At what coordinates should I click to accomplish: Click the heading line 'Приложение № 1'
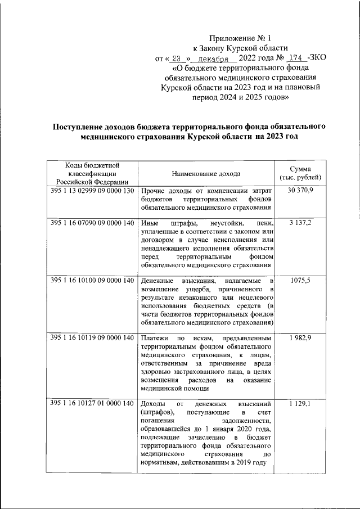(x=240, y=38)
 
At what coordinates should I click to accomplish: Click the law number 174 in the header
(x=296, y=58)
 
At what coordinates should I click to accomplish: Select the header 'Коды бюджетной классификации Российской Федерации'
(x=91, y=173)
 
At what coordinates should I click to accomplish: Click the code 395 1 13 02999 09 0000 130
(x=92, y=191)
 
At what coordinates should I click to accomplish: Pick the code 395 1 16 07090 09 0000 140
(x=92, y=223)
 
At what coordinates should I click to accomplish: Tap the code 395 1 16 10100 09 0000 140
(x=92, y=280)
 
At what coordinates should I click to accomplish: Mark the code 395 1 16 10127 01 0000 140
(x=92, y=404)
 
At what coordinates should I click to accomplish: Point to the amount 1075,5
(x=304, y=280)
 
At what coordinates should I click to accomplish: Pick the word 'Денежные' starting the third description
(x=159, y=280)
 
